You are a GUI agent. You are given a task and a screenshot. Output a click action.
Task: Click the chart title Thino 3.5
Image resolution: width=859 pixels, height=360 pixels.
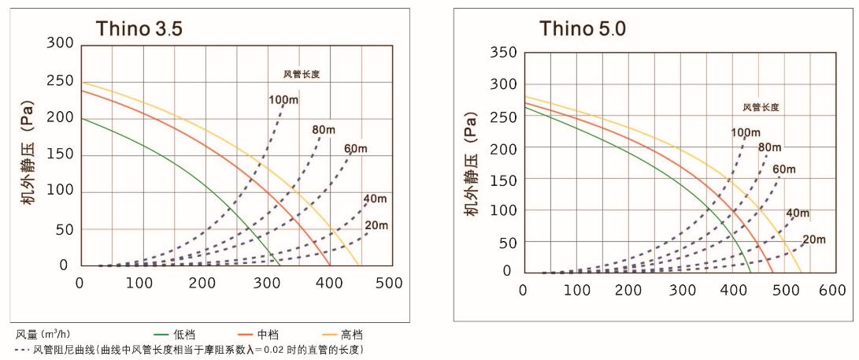click(x=139, y=28)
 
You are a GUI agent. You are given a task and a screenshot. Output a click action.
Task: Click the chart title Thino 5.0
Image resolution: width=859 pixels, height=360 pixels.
click(x=583, y=28)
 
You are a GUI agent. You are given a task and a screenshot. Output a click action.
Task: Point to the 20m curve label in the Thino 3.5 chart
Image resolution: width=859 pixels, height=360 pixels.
click(x=376, y=225)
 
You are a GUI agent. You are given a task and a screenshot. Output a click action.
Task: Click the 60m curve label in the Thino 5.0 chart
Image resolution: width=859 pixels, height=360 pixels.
click(x=785, y=169)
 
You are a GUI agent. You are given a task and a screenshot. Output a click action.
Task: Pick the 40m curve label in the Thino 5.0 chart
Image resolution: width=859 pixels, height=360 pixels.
click(x=798, y=213)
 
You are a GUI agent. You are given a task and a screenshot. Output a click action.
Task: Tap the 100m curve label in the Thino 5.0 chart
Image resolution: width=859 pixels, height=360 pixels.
click(x=745, y=132)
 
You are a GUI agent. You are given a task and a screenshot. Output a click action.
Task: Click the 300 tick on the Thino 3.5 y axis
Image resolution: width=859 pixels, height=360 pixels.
click(x=60, y=43)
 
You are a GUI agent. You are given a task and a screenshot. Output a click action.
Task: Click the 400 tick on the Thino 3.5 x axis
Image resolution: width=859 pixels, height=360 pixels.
click(x=328, y=282)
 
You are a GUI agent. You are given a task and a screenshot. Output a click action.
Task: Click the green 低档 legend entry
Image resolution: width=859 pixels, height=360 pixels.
click(x=178, y=335)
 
